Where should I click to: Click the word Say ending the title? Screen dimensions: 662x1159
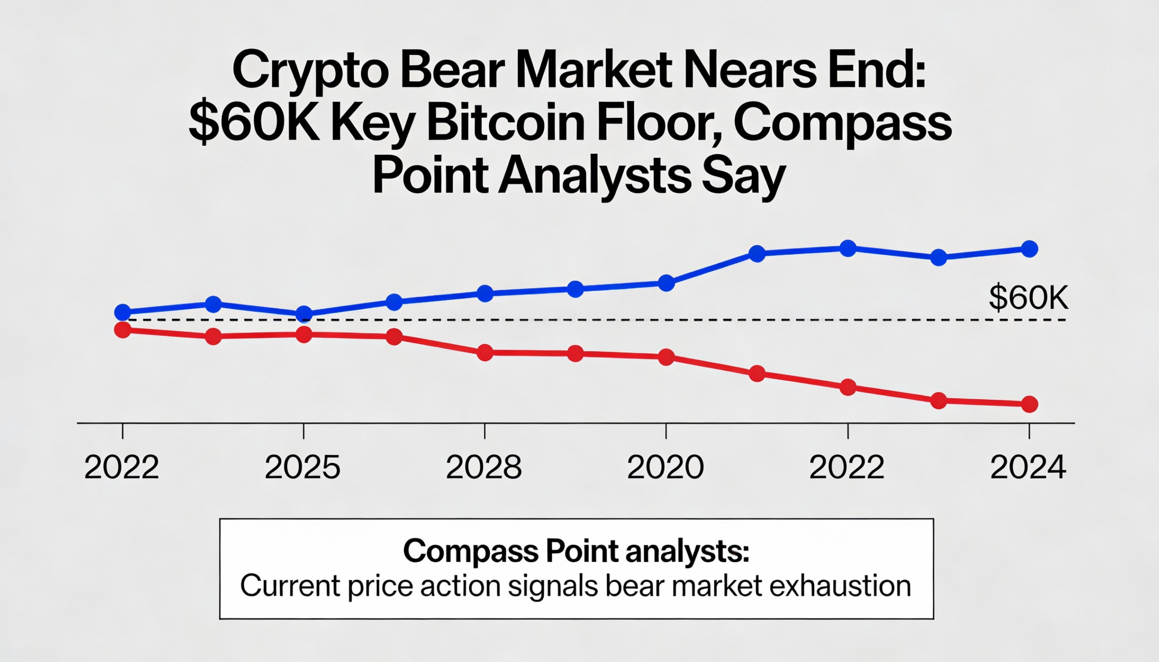tap(743, 176)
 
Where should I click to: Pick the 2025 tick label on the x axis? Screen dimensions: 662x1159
tap(302, 467)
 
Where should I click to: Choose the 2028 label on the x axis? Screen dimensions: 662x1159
tap(484, 467)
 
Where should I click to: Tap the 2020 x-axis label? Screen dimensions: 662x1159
tap(666, 467)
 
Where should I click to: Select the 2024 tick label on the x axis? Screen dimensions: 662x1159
tap(1029, 467)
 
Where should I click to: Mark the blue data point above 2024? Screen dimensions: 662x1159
tap(1030, 249)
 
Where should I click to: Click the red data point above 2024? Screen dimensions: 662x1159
tap(1030, 404)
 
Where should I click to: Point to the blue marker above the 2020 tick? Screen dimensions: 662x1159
tap(666, 283)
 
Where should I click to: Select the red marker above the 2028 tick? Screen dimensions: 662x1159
tap(485, 352)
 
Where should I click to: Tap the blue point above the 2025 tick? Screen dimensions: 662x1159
tap(304, 314)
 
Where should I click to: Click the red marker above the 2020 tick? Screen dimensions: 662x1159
tap(666, 357)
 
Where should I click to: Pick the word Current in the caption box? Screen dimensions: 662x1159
tap(290, 586)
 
